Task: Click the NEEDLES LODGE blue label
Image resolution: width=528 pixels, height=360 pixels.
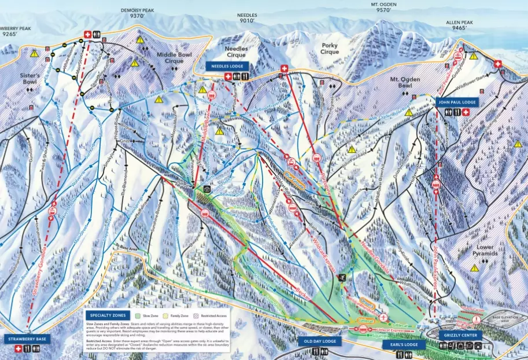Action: pos(227,66)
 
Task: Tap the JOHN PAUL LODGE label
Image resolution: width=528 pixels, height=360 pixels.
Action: pos(457,102)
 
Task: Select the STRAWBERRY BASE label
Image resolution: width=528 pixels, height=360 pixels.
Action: pos(27,339)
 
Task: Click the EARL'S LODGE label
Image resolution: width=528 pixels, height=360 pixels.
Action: pos(404,344)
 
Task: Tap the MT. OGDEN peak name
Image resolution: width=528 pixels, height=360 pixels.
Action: pos(384,4)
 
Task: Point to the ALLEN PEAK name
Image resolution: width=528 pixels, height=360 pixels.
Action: pos(459,22)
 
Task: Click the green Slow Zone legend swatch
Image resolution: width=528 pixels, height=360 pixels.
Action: pos(131,317)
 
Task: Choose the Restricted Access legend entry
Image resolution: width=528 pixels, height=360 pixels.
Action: pos(213,317)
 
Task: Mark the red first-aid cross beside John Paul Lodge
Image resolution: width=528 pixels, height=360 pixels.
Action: pos(466,112)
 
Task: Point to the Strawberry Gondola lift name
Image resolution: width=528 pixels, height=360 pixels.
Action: pos(39,284)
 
